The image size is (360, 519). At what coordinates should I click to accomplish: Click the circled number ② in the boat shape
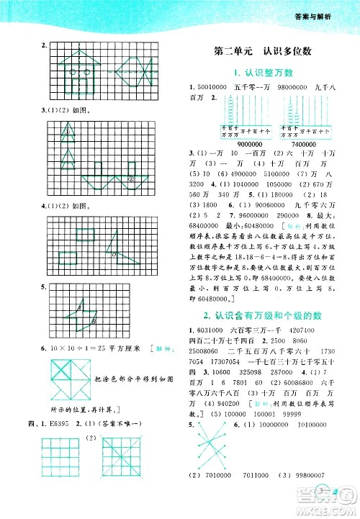(130, 179)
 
